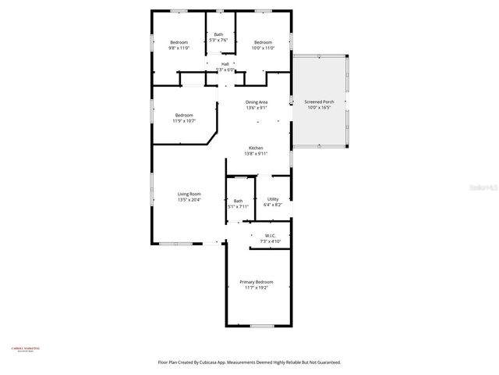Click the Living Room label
coord(189,194)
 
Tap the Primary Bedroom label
coord(256,282)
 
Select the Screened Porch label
coord(318,102)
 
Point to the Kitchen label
coord(256,148)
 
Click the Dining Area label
coord(257,102)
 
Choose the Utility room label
coord(273,198)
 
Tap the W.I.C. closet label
coord(271,235)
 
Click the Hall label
coord(225,64)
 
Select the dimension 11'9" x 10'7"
coord(184,121)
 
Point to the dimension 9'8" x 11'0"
coord(179,48)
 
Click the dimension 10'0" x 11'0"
coord(263,48)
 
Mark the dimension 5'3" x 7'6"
coord(219,41)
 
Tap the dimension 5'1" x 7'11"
coord(238,207)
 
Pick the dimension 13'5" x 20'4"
coord(189,200)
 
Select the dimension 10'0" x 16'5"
coord(318,108)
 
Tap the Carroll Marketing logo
coord(25,349)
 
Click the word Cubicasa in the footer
coord(201,362)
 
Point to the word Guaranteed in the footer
coord(326,362)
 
